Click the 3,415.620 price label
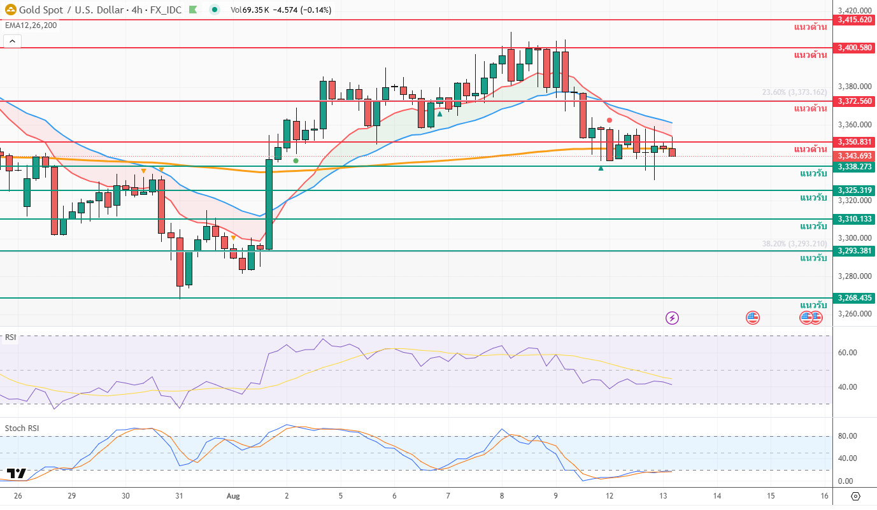pyautogui.click(x=855, y=20)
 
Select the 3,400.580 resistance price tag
pyautogui.click(x=855, y=48)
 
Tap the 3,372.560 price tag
pyautogui.click(x=855, y=101)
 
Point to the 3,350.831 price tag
pyautogui.click(x=855, y=142)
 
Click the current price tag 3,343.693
pyautogui.click(x=855, y=156)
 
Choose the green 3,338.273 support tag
pyautogui.click(x=855, y=167)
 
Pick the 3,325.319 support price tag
pyautogui.click(x=855, y=190)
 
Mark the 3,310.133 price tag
pyautogui.click(x=855, y=219)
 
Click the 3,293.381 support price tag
pyautogui.click(x=855, y=251)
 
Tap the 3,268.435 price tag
pyautogui.click(x=855, y=298)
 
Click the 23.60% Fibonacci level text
pyautogui.click(x=794, y=92)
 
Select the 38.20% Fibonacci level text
pyautogui.click(x=794, y=244)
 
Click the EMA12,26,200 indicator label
pyautogui.click(x=31, y=25)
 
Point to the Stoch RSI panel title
pyautogui.click(x=22, y=429)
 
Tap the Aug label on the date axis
pyautogui.click(x=233, y=496)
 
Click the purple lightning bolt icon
pyautogui.click(x=672, y=317)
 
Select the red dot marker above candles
pyautogui.click(x=610, y=120)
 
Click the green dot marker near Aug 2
pyautogui.click(x=296, y=160)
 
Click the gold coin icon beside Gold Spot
pyautogui.click(x=11, y=10)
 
